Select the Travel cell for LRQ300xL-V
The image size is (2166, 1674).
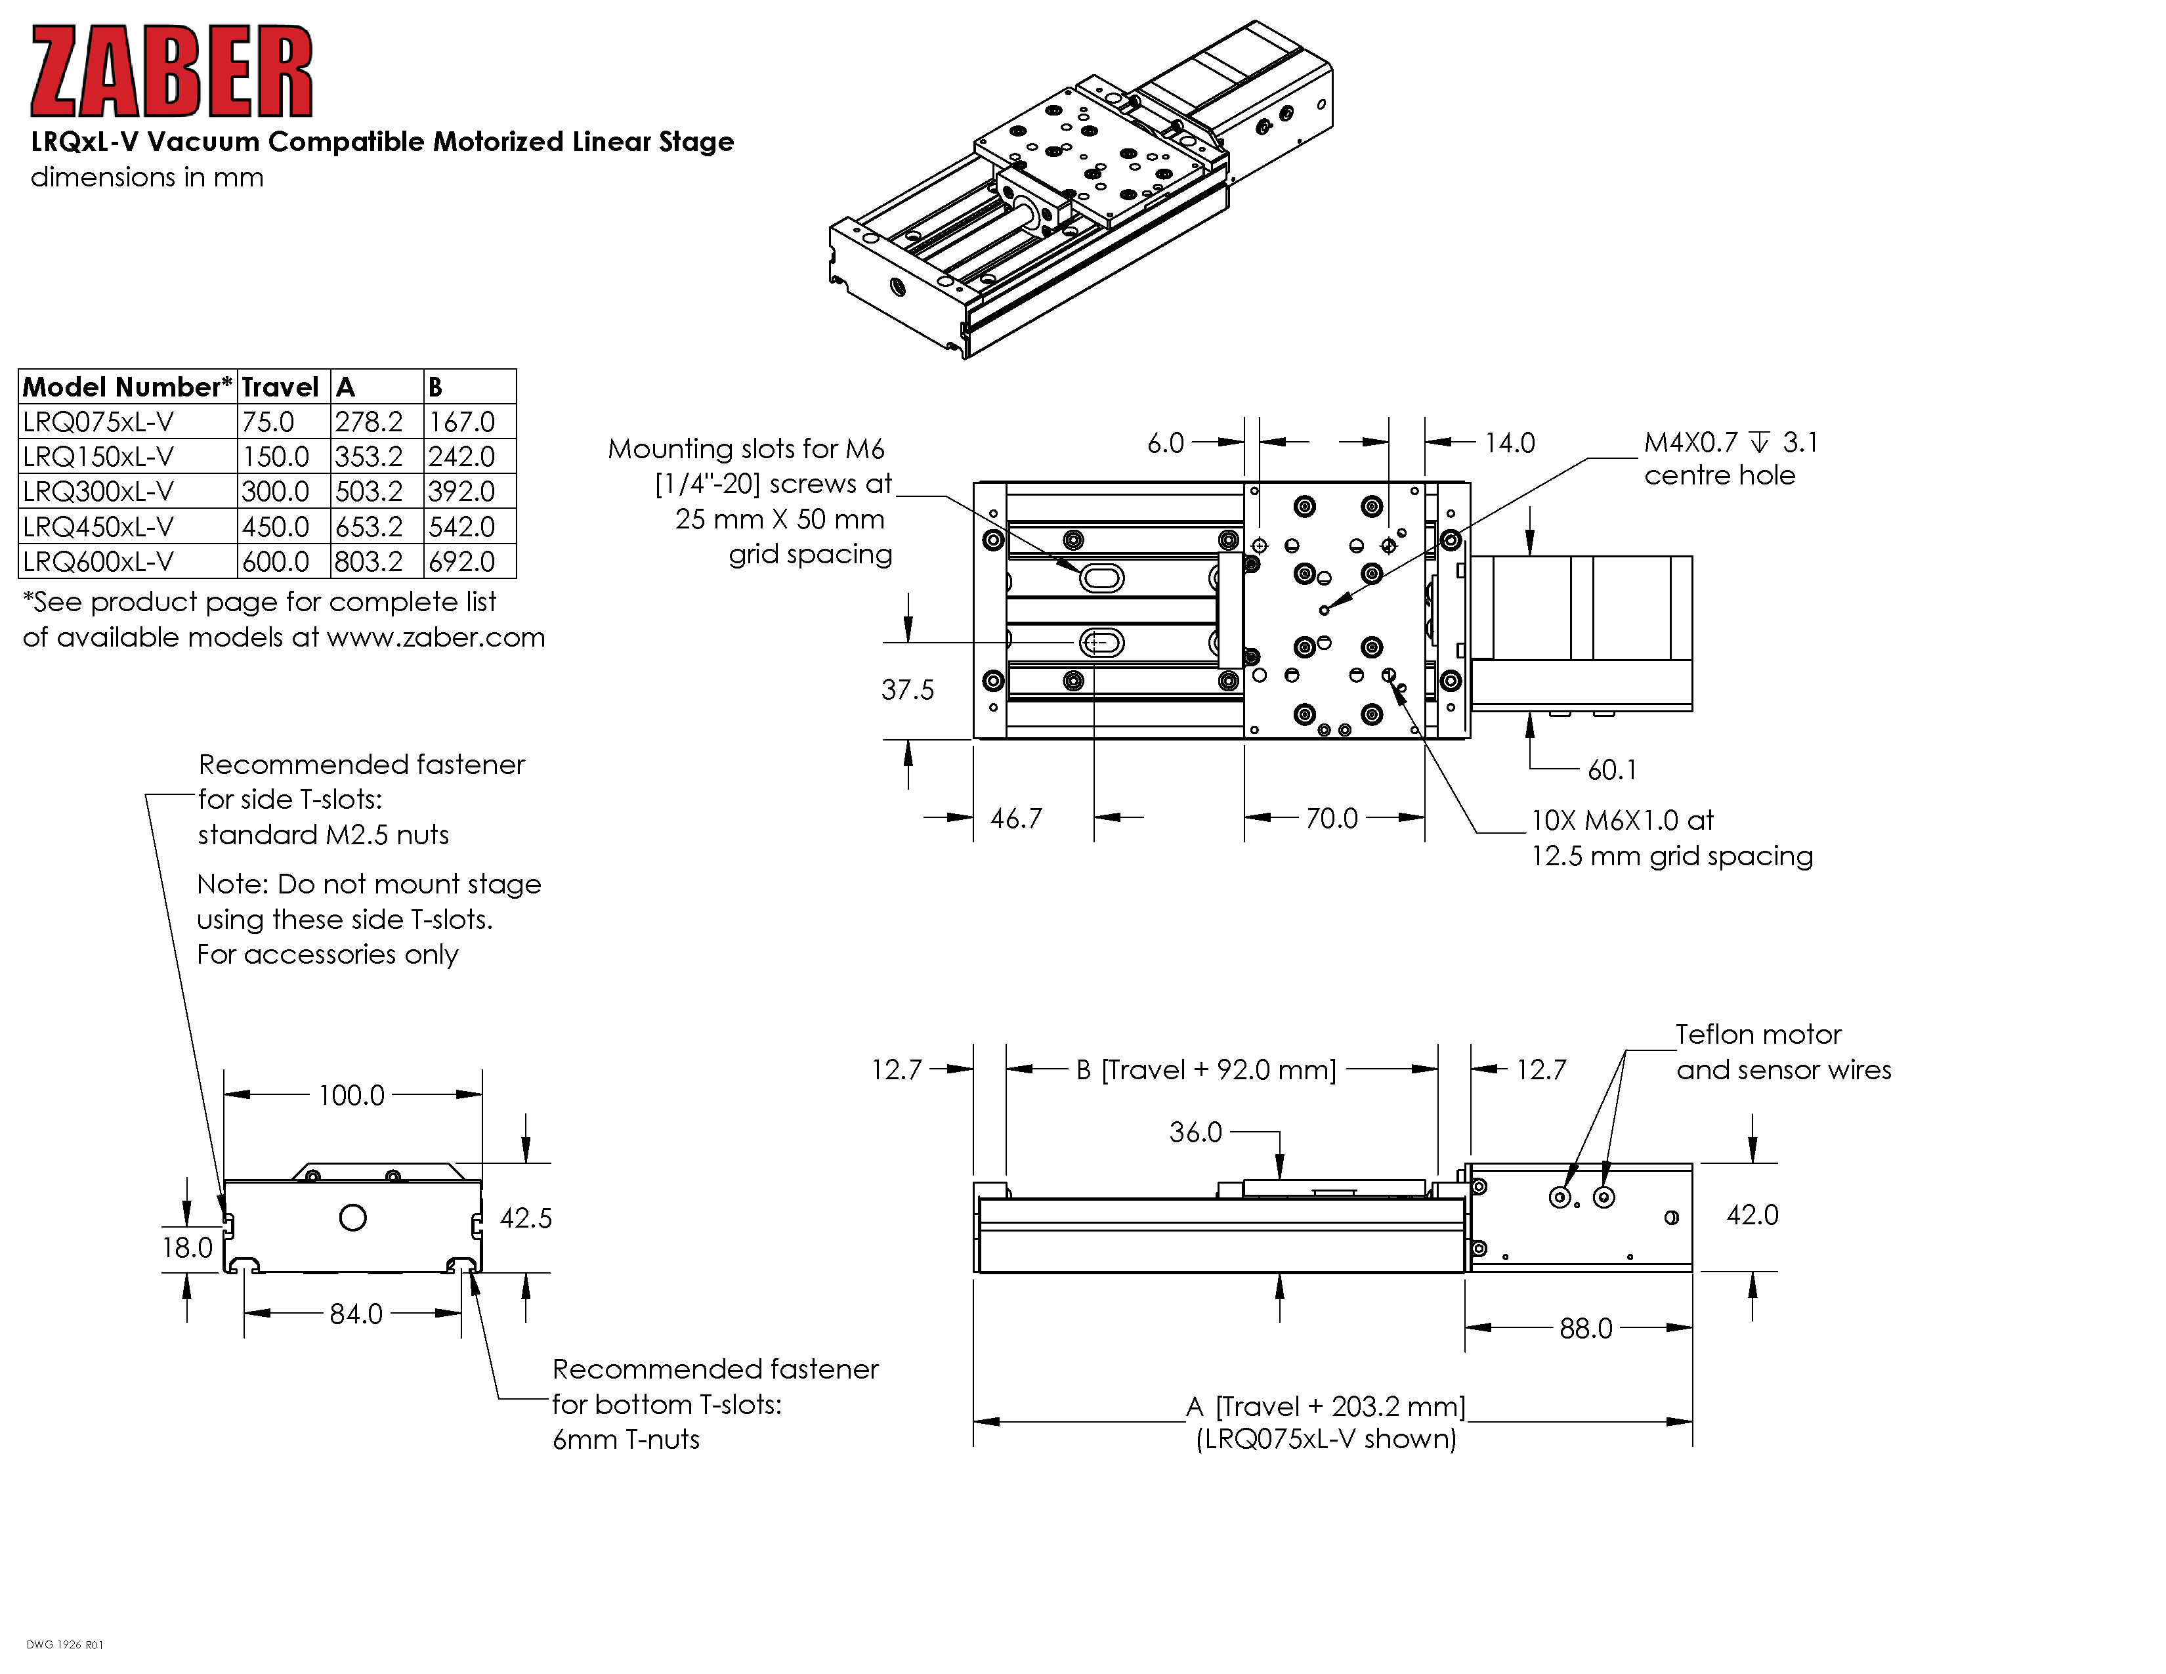pos(276,491)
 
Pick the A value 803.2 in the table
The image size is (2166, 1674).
pos(369,561)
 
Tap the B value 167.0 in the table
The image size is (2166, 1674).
pos(462,421)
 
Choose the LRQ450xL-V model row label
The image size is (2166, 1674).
pos(98,526)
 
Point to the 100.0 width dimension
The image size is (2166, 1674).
pos(351,1095)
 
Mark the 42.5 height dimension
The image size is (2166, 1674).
pos(526,1218)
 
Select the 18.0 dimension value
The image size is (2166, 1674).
pos(188,1247)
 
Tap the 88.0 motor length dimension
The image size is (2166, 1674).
pos(1586,1328)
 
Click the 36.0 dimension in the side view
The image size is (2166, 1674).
pos(1196,1132)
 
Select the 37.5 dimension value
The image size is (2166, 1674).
pos(908,689)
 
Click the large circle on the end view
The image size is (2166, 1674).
pos(353,1218)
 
